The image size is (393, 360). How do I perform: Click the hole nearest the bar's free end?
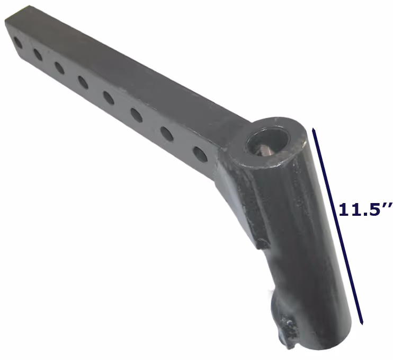point(17,43)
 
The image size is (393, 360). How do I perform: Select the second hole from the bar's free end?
point(38,55)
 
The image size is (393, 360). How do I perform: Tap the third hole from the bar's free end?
point(59,68)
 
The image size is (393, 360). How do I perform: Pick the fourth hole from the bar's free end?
point(83,82)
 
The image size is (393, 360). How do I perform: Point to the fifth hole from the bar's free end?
point(109,98)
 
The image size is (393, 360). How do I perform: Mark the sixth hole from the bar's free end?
point(137,115)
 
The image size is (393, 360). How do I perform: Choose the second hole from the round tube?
point(167,134)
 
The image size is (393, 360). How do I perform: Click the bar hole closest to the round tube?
point(200,154)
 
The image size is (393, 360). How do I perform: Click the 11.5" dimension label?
point(365,210)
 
